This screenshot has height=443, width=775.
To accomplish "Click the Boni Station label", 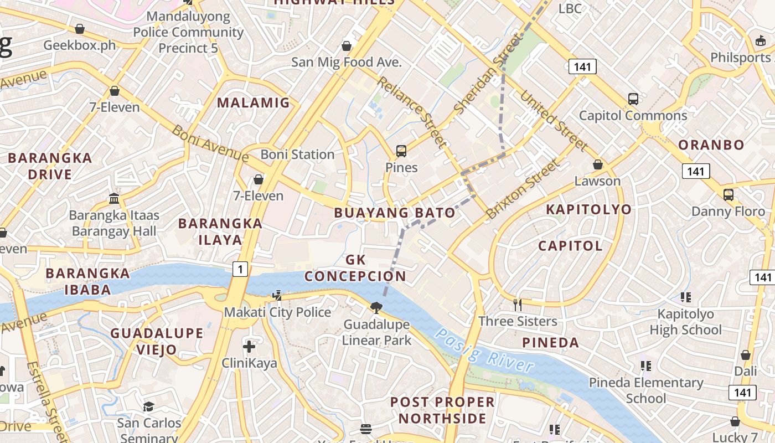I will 297,154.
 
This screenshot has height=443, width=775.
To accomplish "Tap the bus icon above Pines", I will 401,151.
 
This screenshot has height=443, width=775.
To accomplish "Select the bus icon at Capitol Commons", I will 633,100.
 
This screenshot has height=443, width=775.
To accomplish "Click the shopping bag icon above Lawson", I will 598,164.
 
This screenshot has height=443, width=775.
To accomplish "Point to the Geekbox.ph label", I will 80,45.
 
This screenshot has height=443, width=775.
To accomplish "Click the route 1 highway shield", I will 240,270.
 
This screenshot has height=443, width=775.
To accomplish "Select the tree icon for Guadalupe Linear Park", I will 376,307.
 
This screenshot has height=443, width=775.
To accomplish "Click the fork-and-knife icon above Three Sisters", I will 518,304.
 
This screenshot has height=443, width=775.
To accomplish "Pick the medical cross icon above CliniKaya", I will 249,347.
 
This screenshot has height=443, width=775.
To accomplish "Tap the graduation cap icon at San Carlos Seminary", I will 148,407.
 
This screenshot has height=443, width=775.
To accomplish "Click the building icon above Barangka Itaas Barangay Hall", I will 114,198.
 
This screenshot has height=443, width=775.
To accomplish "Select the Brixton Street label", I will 523,189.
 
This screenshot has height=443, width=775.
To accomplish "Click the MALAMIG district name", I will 253,102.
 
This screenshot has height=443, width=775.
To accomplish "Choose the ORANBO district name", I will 711,145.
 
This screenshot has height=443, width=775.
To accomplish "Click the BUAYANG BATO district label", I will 395,213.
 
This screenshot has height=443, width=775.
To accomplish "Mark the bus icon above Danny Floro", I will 728,195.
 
